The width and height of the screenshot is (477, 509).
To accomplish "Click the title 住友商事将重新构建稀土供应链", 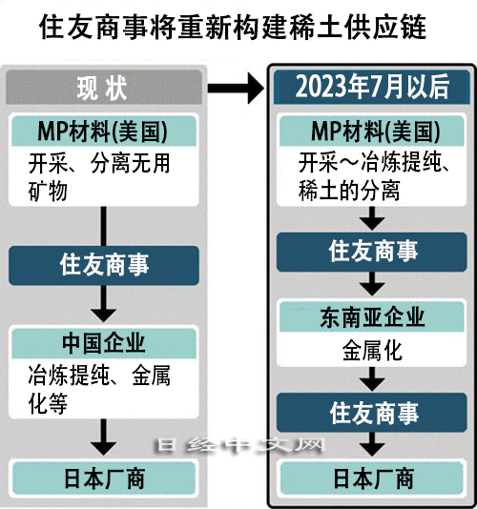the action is pyautogui.click(x=233, y=28).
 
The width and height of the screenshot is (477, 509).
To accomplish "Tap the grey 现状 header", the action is pyautogui.click(x=104, y=88).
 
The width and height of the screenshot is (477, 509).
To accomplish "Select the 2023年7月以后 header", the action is pyautogui.click(x=372, y=87).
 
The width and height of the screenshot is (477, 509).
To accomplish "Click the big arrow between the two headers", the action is pyautogui.click(x=236, y=88).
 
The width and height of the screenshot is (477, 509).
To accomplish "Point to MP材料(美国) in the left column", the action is pyautogui.click(x=104, y=132).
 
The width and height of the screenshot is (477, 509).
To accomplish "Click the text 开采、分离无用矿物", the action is pyautogui.click(x=99, y=177).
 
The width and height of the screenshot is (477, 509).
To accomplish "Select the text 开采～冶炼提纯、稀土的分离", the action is pyautogui.click(x=374, y=176).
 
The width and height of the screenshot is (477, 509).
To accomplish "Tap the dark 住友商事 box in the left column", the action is pyautogui.click(x=104, y=266).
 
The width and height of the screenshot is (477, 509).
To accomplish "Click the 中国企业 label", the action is pyautogui.click(x=104, y=343).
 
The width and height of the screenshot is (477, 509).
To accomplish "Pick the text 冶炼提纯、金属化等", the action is pyautogui.click(x=99, y=390).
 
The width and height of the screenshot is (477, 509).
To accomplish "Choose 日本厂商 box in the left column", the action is pyautogui.click(x=104, y=478).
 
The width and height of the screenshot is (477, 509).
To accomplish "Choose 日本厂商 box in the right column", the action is pyautogui.click(x=372, y=478).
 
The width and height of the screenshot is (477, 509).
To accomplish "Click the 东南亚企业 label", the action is pyautogui.click(x=372, y=316).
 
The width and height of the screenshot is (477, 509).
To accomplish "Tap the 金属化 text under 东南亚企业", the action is pyautogui.click(x=372, y=350).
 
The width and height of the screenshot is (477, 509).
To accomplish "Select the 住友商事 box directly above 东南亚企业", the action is pyautogui.click(x=372, y=252).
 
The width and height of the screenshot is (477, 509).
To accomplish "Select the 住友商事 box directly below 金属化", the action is pyautogui.click(x=372, y=413).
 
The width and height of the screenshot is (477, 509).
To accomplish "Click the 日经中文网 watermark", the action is pyautogui.click(x=241, y=445).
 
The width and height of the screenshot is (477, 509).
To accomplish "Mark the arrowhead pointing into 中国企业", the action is pyautogui.click(x=104, y=315).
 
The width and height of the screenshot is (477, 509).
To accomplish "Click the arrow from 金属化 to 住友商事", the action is pyautogui.click(x=372, y=379).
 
